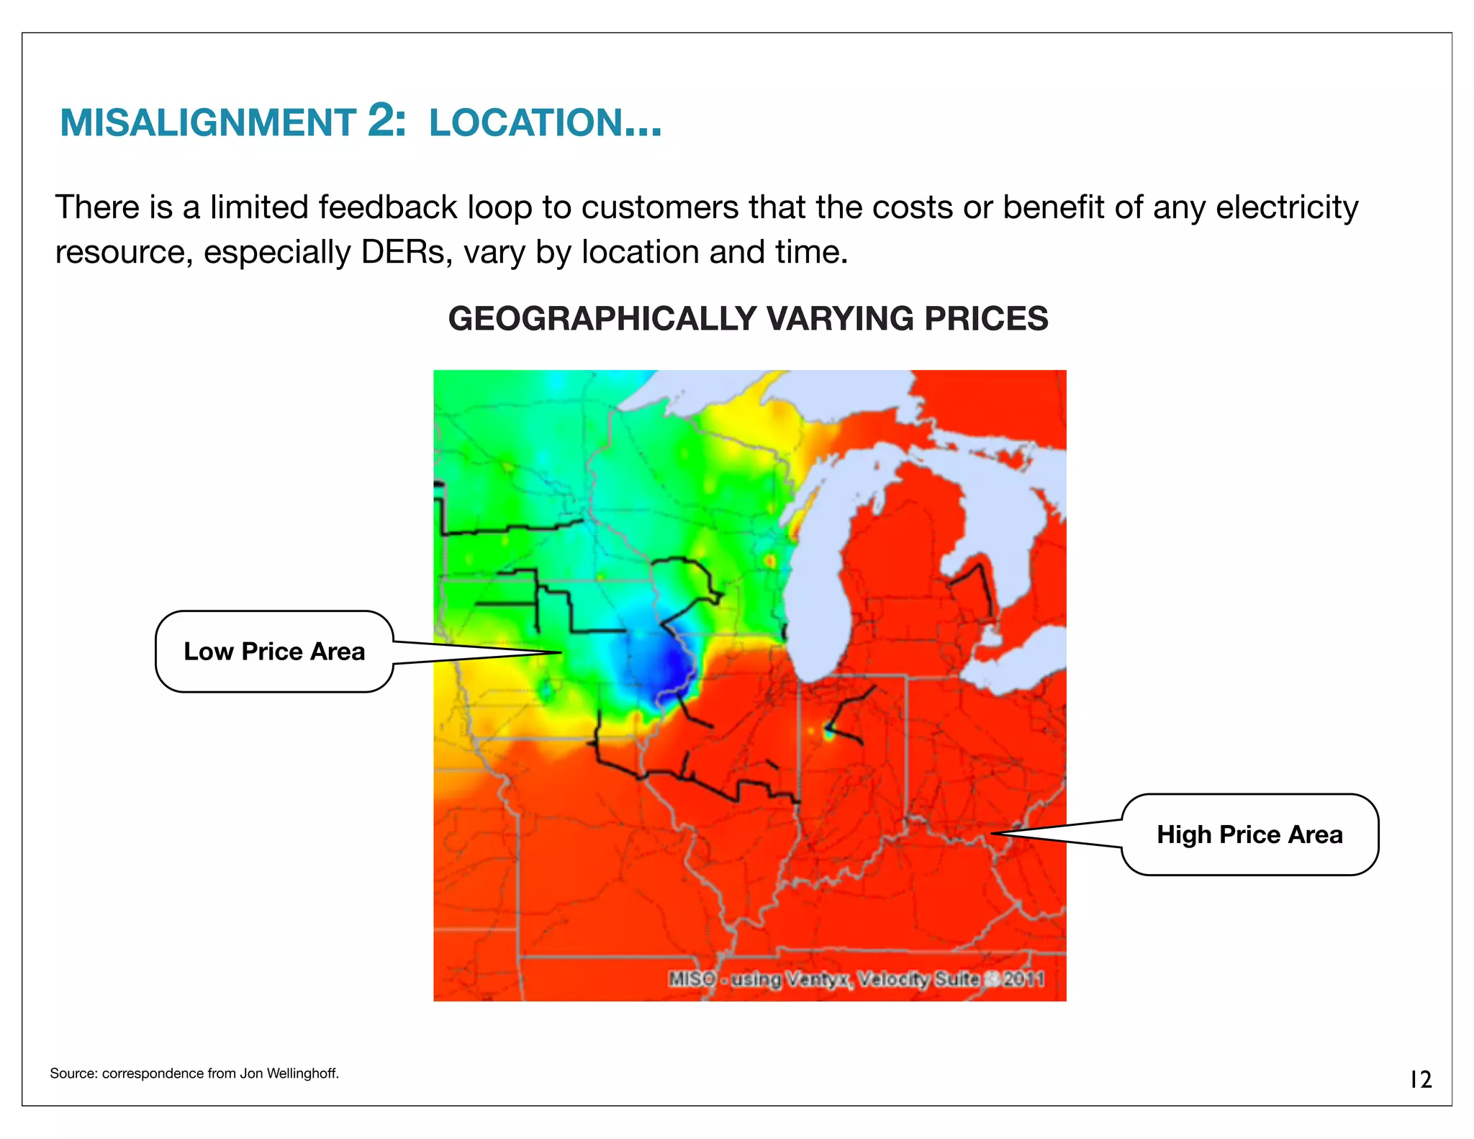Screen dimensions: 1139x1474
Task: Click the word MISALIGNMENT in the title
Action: [207, 122]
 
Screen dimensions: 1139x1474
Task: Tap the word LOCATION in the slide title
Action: [525, 122]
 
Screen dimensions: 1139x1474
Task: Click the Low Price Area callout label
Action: [274, 652]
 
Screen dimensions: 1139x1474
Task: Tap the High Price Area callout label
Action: [1249, 834]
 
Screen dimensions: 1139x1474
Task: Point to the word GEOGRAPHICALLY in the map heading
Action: [602, 319]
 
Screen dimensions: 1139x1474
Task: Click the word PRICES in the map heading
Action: [986, 319]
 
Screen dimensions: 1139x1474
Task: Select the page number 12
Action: [1420, 1079]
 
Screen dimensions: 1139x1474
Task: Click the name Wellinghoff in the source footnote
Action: [302, 1073]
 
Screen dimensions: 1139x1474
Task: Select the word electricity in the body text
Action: [1287, 207]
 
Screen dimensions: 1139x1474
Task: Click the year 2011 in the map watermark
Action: [1023, 979]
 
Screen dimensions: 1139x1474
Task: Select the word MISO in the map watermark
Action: [692, 979]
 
